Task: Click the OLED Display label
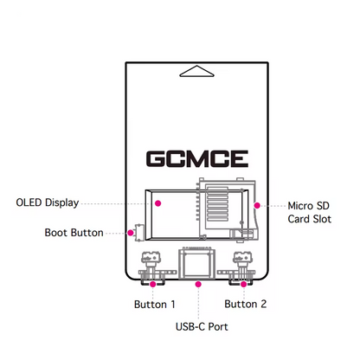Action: click(47, 203)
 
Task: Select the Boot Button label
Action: click(74, 233)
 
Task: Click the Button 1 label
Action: click(155, 305)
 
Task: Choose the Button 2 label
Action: click(246, 305)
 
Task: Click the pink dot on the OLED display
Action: click(158, 203)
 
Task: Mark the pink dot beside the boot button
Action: click(128, 232)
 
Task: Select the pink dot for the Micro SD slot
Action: click(257, 206)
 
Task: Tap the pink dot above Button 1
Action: click(153, 283)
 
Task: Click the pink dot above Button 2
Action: click(244, 283)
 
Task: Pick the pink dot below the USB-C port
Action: click(198, 283)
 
